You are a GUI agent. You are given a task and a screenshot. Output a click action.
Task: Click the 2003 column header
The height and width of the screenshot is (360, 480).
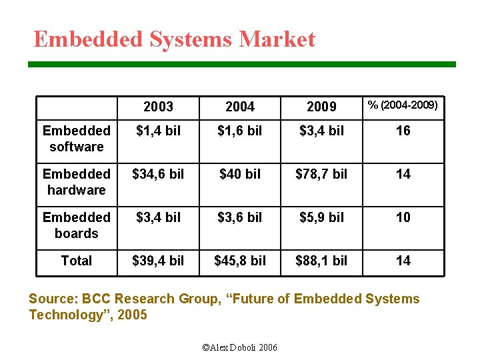pyautogui.click(x=158, y=107)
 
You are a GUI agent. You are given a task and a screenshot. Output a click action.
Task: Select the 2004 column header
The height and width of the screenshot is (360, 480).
pyautogui.click(x=239, y=107)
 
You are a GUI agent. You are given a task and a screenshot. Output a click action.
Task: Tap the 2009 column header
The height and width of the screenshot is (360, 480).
pyautogui.click(x=321, y=107)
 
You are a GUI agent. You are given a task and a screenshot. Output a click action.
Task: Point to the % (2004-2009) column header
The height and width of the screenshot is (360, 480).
pyautogui.click(x=403, y=105)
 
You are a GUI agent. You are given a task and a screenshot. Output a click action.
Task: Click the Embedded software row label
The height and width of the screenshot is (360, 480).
pyautogui.click(x=76, y=139)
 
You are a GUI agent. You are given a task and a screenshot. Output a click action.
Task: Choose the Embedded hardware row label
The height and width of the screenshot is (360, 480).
pyautogui.click(x=76, y=182)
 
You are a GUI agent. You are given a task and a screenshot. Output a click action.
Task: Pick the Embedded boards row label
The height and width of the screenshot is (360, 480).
pyautogui.click(x=76, y=225)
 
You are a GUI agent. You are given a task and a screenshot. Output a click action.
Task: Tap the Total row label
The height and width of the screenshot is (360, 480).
pyautogui.click(x=76, y=261)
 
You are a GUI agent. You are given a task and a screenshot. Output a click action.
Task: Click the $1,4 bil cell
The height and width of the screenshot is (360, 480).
pyautogui.click(x=158, y=131)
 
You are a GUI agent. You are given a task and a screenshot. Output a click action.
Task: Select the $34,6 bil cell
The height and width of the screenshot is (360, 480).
pyautogui.click(x=158, y=174)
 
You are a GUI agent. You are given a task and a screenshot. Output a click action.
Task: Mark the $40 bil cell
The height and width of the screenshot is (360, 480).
pyautogui.click(x=239, y=174)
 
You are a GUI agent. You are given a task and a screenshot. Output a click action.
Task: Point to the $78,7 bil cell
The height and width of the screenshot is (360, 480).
pyautogui.click(x=321, y=174)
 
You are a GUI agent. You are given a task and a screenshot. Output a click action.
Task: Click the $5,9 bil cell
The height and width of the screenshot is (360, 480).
pyautogui.click(x=321, y=217)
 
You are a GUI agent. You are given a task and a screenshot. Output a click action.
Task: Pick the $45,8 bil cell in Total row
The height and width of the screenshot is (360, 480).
pyautogui.click(x=239, y=261)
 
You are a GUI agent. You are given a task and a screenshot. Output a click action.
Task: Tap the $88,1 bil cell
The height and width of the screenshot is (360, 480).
pyautogui.click(x=321, y=261)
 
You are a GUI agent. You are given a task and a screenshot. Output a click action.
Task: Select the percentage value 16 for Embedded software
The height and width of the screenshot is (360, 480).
pyautogui.click(x=403, y=131)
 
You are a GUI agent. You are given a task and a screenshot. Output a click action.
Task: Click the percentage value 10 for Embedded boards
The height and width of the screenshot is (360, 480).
pyautogui.click(x=403, y=217)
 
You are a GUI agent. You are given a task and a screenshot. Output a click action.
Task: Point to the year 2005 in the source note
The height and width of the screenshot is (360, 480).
pyautogui.click(x=132, y=315)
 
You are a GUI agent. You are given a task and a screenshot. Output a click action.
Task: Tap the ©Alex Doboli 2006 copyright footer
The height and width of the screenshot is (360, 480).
pyautogui.click(x=239, y=347)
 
